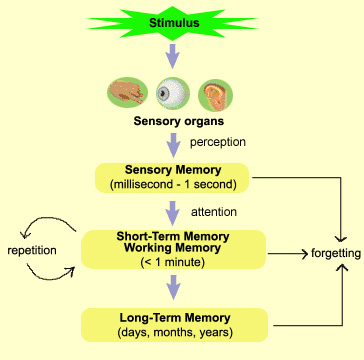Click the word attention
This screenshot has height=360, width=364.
(214, 212)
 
